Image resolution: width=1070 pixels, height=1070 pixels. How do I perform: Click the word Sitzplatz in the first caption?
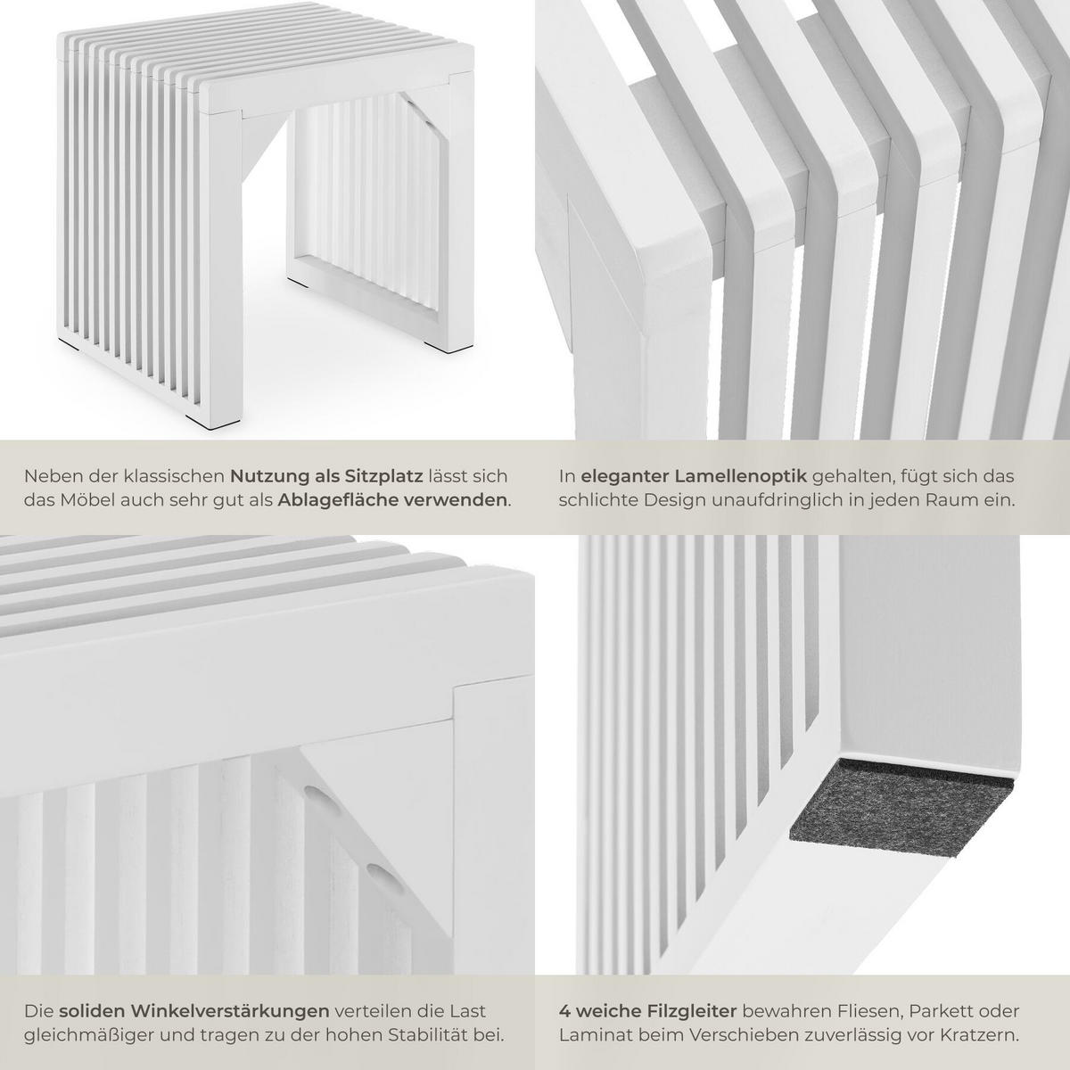point(385,476)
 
